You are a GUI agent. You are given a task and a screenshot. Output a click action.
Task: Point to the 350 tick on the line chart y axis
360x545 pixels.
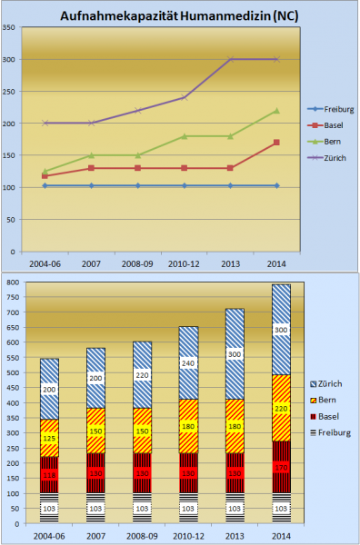tap(12, 27)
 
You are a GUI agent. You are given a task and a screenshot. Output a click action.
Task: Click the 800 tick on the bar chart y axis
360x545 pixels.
tap(12, 282)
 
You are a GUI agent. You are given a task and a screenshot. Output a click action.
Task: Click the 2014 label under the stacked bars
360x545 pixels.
tap(282, 535)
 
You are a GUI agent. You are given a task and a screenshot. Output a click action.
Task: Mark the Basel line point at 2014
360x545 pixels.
tap(276, 143)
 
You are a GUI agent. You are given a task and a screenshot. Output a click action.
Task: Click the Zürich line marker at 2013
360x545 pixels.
tap(231, 59)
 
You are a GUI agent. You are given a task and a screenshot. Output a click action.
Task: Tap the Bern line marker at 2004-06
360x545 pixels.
tap(45, 171)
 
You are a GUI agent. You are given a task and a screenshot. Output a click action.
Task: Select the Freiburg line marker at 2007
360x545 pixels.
tap(91, 185)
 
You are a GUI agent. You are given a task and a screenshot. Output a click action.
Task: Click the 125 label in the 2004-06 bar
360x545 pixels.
tap(50, 439)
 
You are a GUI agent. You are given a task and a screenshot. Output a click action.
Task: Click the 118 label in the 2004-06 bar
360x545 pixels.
tap(50, 474)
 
